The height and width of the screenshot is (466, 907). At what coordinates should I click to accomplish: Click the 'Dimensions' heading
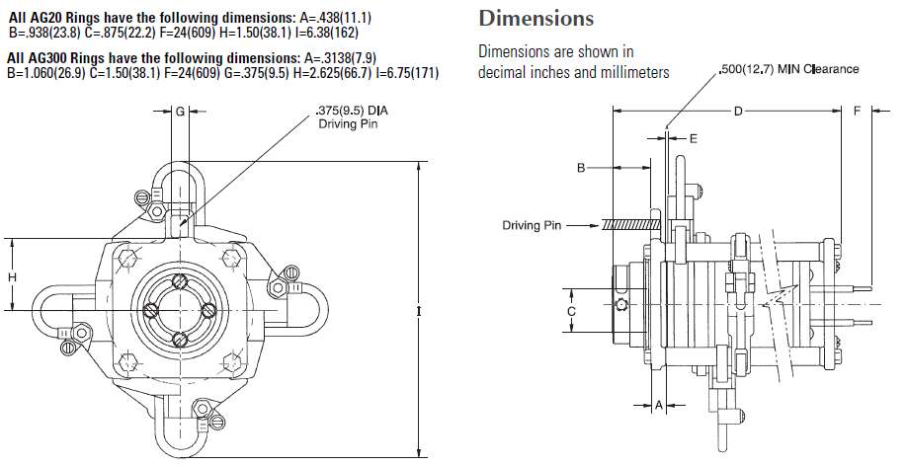pos(536,19)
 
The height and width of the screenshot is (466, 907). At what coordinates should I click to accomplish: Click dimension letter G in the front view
pos(180,113)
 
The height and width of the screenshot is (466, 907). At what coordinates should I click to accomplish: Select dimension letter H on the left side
pos(13,277)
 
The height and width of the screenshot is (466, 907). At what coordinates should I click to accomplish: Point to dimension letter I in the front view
pos(420,311)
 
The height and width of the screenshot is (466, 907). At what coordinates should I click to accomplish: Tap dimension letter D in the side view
pos(736,113)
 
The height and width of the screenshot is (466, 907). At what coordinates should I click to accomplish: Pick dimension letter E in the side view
pos(693,139)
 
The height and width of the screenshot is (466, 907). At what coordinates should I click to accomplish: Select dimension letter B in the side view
pos(582,169)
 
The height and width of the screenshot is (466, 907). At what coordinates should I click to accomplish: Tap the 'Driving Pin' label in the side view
pos(532,225)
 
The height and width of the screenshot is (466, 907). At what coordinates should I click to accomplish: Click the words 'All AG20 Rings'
pos(45,18)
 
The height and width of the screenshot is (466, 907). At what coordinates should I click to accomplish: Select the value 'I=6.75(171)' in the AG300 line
pos(408,74)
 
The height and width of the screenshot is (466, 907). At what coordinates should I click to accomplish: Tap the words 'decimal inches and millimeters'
pos(573,72)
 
